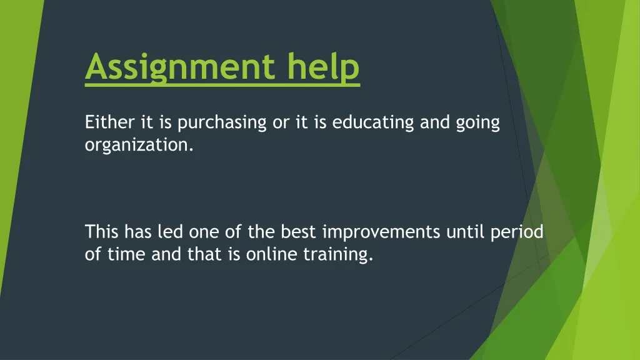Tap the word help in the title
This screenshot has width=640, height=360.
click(x=324, y=67)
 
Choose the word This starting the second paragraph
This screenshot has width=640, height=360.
click(x=102, y=232)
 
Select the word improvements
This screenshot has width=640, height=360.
click(x=382, y=233)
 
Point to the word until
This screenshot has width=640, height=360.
click(x=466, y=232)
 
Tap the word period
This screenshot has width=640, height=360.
click(x=518, y=233)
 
